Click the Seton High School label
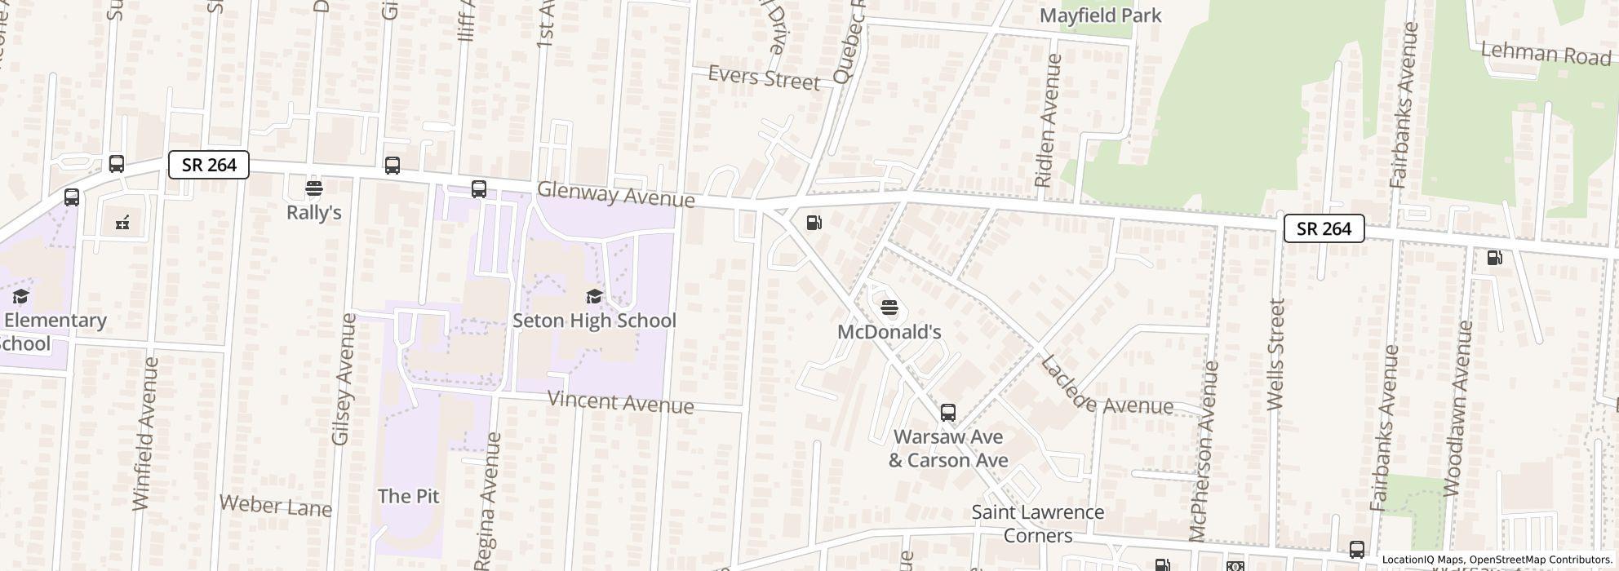coord(594,321)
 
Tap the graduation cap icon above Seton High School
coord(594,296)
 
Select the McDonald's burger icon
coord(889,308)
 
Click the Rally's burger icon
coord(314,189)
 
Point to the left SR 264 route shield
coord(209,165)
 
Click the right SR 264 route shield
coord(1324,228)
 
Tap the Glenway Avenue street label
coord(616,195)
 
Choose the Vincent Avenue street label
coord(620,402)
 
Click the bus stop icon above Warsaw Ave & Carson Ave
coord(947,413)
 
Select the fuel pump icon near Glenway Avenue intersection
coord(814,223)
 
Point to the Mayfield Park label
coord(1101,15)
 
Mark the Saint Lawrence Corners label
coord(1037,524)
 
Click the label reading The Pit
coord(408,496)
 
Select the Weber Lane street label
coord(276,506)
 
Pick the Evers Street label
coord(764,77)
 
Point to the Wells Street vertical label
coord(1276,354)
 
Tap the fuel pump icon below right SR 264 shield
coord(1494,258)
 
